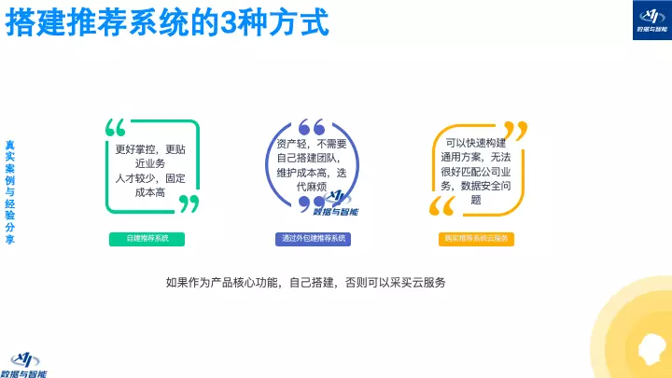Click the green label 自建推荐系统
[147, 239]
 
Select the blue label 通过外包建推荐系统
[314, 239]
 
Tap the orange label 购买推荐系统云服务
[475, 239]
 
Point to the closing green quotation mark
[189, 203]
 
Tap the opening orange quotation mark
[441, 206]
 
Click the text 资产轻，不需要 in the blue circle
[312, 144]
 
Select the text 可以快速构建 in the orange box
[475, 143]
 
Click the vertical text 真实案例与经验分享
[10, 192]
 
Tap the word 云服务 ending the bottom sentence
[428, 282]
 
